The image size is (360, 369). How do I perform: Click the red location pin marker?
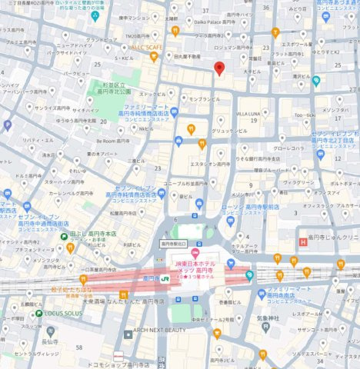[x=218, y=68]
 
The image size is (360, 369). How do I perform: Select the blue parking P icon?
[x=8, y=125]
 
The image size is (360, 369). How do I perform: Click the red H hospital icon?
[x=303, y=243]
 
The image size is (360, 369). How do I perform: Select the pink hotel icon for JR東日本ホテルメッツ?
[x=195, y=254]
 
